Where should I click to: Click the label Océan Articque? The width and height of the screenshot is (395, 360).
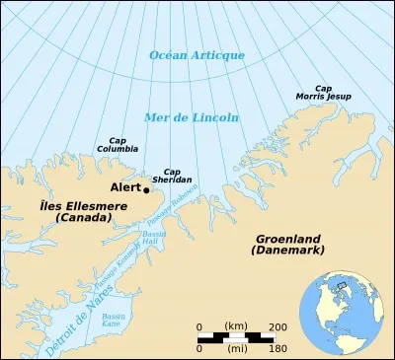[197, 54]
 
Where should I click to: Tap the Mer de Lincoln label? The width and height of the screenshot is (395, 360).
[192, 117]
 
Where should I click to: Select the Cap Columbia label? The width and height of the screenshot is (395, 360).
[117, 145]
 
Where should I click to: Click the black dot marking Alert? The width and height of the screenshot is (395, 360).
[146, 189]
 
